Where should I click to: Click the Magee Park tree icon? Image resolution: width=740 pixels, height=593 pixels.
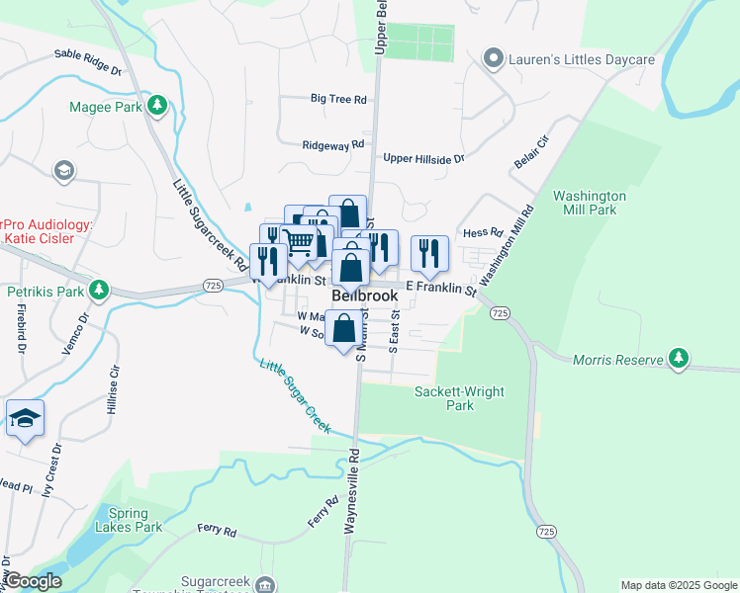click(155, 105)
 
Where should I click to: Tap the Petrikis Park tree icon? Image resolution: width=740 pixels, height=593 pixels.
click(98, 291)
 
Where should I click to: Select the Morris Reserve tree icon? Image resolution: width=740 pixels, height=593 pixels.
click(678, 359)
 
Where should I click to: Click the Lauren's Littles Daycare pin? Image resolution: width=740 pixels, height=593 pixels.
click(494, 59)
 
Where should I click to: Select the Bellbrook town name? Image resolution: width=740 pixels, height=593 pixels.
click(364, 296)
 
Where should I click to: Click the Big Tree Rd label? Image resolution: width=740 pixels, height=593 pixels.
click(338, 99)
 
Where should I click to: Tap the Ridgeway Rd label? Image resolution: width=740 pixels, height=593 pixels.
click(325, 145)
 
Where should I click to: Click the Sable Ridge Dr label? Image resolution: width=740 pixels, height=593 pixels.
click(87, 62)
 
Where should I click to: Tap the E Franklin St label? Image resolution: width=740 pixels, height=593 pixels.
click(441, 288)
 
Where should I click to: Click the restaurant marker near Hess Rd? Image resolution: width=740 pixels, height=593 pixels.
click(429, 253)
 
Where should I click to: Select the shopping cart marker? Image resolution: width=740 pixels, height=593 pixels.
click(298, 241)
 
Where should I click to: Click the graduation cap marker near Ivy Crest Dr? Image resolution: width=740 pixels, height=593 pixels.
click(25, 418)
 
